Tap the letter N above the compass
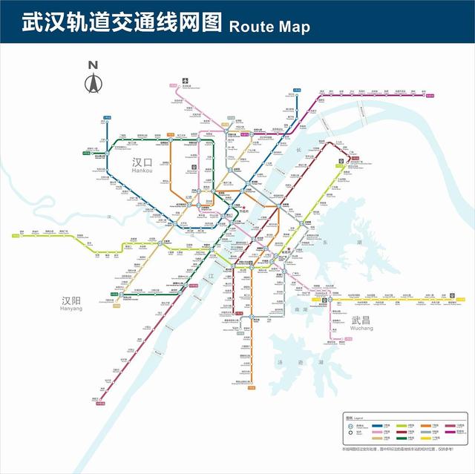[x=93, y=65]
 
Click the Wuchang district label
[x=362, y=323]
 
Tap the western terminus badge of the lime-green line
[x=14, y=237]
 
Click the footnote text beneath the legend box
[x=402, y=449]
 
